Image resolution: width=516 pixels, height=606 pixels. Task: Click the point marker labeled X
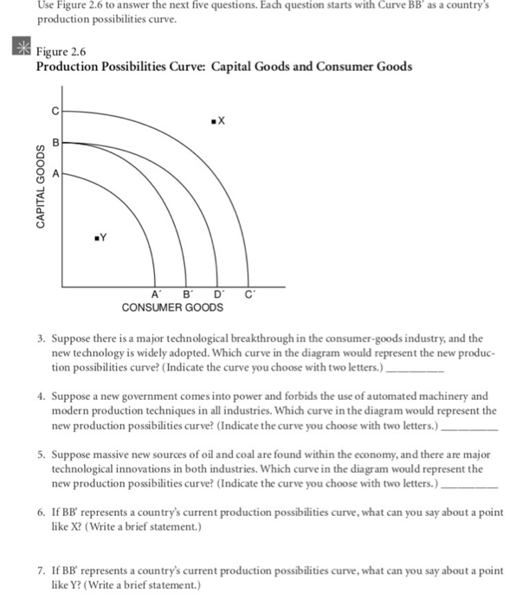(x=211, y=120)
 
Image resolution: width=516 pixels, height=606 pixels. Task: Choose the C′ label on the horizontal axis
(x=250, y=295)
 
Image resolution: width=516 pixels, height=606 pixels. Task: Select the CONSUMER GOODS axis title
(x=172, y=307)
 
